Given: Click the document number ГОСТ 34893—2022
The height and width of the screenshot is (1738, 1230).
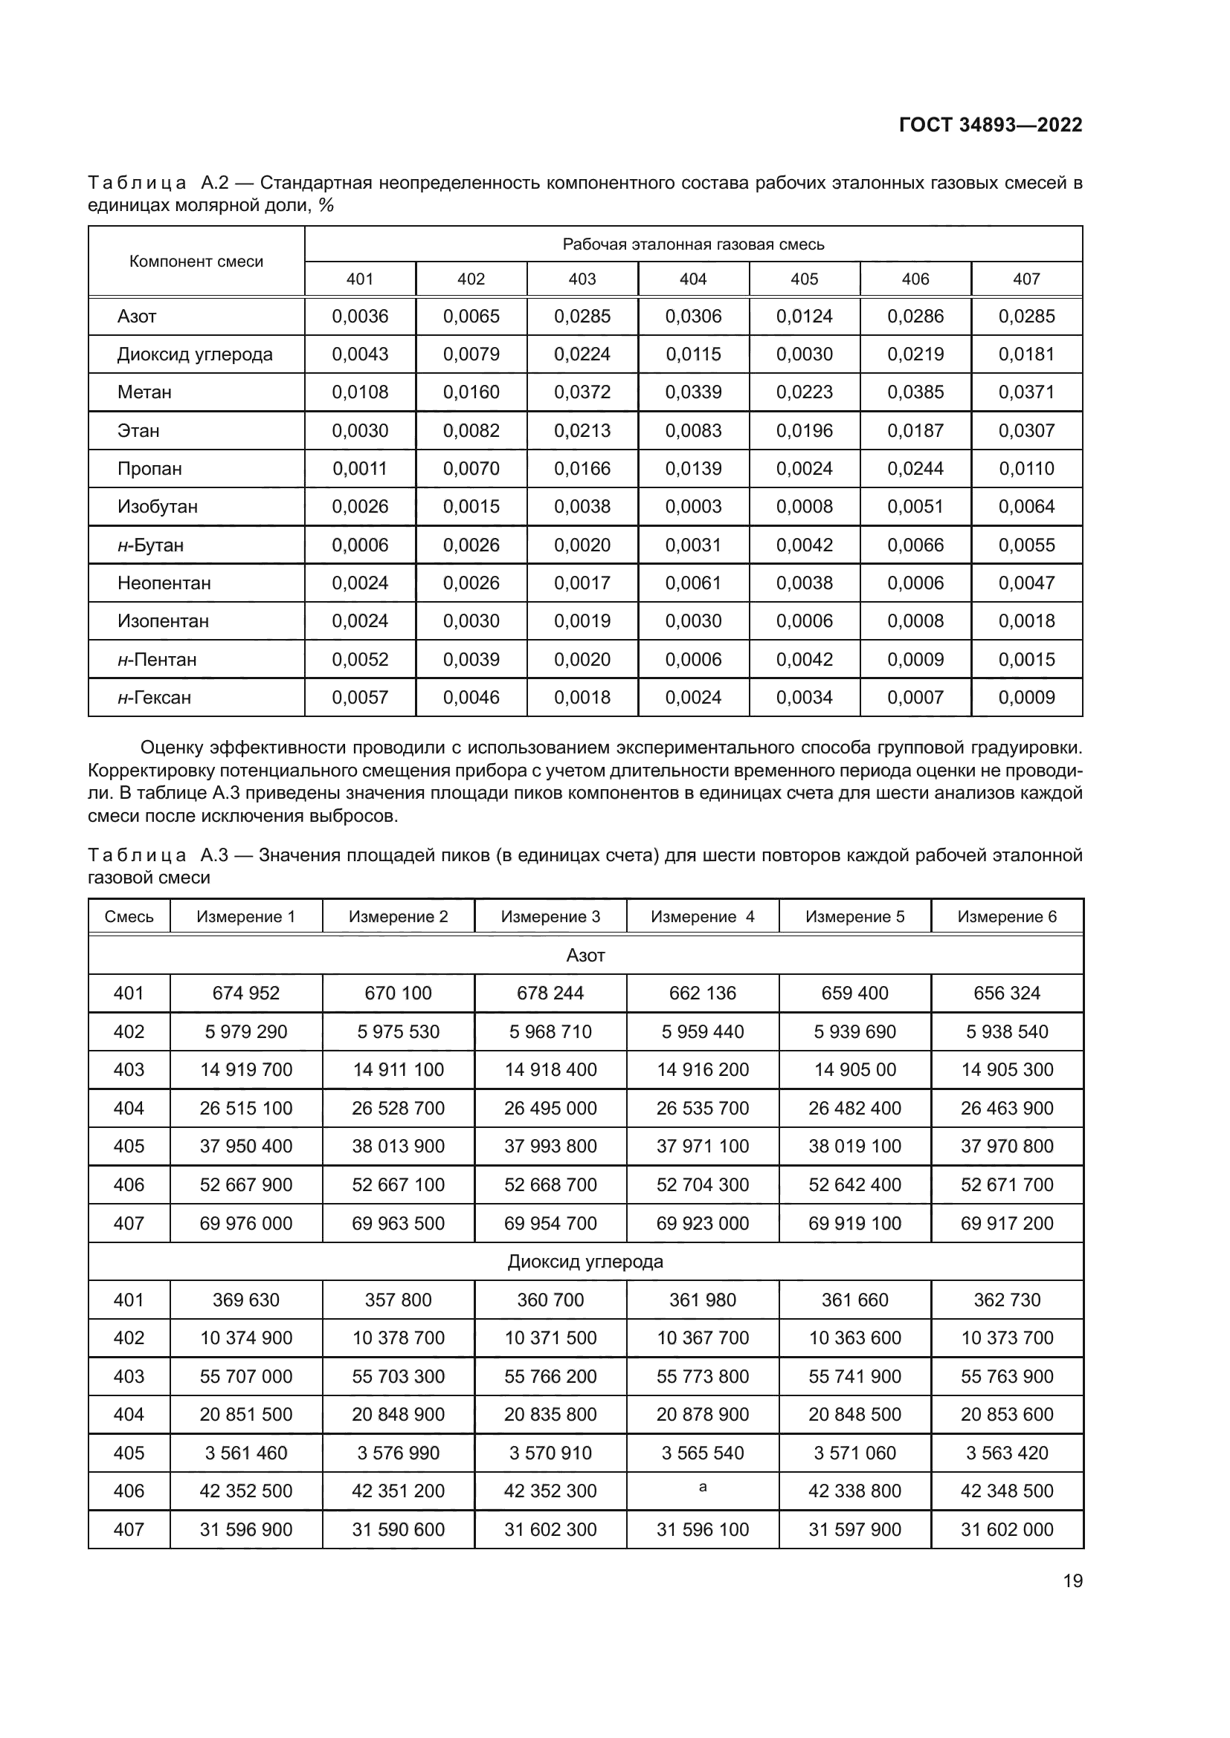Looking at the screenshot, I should coord(990,125).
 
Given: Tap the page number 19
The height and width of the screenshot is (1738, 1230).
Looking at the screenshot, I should coord(1072,1580).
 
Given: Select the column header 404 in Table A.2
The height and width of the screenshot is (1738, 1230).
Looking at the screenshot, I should coord(693,279).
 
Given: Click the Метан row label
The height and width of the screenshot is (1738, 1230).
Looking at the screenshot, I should coord(145,392).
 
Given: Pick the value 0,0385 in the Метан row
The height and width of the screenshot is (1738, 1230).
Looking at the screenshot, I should coord(915,392).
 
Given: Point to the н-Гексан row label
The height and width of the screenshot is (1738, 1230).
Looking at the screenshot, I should coord(155,697).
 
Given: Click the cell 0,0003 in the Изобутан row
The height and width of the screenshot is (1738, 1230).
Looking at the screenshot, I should coord(693,507).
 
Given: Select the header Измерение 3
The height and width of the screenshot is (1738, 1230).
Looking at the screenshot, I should coord(550,917).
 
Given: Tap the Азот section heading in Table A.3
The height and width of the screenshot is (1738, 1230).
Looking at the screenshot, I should coord(585,956).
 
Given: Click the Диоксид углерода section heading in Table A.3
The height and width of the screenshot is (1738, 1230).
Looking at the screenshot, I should coord(585,1262).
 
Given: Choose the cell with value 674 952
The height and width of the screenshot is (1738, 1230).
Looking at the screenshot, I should coord(246,993).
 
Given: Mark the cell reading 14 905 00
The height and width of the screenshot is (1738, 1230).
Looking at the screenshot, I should coord(854,1069).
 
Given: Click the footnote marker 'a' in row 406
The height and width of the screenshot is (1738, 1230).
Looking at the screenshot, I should coord(703,1488).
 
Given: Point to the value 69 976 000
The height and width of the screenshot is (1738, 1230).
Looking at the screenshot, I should coord(246,1223).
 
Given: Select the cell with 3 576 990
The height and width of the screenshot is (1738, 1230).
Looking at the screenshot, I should coord(399,1453).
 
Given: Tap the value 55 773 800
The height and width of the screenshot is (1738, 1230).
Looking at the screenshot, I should coord(703,1376).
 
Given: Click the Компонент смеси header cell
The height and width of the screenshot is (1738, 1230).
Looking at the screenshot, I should coord(196,262).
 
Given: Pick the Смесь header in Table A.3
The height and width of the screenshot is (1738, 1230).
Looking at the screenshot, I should coord(129,917).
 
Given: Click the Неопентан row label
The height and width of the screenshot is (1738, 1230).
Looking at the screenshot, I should coord(164,583).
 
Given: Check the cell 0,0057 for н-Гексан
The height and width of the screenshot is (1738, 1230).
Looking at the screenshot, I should coord(360,697).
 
